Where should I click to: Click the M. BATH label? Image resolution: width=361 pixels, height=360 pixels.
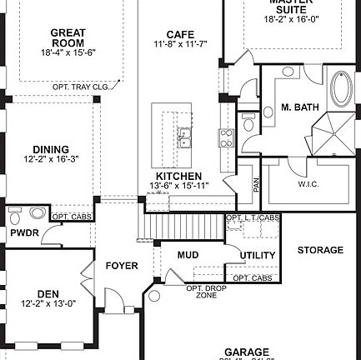(x=296, y=107)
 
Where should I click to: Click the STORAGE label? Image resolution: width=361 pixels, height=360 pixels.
(x=320, y=250)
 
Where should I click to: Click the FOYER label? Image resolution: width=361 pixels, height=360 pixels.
(x=122, y=266)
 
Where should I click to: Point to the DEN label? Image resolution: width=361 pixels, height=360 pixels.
(x=48, y=293)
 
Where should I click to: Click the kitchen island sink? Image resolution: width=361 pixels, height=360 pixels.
(x=183, y=136)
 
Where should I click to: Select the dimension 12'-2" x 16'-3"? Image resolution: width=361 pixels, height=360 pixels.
(x=50, y=159)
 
